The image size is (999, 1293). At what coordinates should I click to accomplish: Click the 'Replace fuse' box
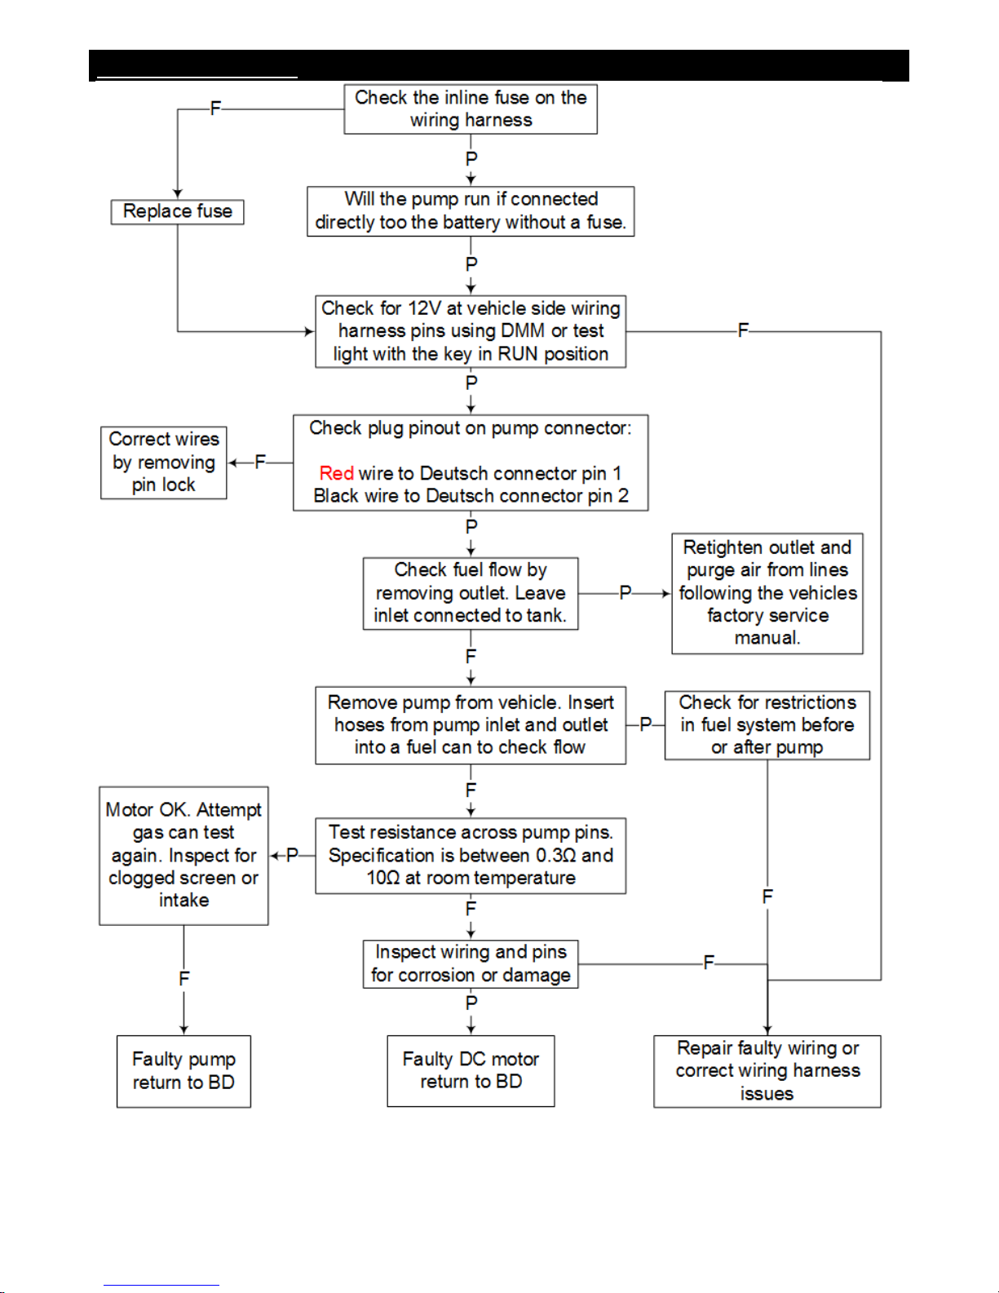177,212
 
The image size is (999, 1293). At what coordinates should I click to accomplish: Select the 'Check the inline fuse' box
471,108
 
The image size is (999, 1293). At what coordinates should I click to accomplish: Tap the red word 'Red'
337,473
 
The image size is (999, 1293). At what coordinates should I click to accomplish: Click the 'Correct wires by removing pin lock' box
164,463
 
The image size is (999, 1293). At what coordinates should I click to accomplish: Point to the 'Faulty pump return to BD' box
183,1071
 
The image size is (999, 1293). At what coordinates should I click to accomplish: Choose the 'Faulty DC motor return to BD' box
471,1071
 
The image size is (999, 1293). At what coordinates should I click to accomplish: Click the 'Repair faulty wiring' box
767,1071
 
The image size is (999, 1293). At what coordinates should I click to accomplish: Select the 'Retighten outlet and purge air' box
767,593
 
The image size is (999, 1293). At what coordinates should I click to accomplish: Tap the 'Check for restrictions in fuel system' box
767,725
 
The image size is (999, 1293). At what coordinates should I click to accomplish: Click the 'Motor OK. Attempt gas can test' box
183,856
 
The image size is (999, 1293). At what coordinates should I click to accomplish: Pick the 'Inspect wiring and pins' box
471,964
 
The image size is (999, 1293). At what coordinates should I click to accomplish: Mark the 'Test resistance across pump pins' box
471,856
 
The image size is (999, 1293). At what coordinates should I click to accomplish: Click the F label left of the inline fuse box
215,108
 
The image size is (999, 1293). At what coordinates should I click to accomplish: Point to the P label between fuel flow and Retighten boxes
625,592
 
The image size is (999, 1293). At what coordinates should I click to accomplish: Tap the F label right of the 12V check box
743,330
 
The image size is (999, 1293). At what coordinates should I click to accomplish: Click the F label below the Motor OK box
183,979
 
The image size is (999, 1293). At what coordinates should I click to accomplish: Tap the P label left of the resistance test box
292,855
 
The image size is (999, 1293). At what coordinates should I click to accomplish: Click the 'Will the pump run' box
471,212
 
